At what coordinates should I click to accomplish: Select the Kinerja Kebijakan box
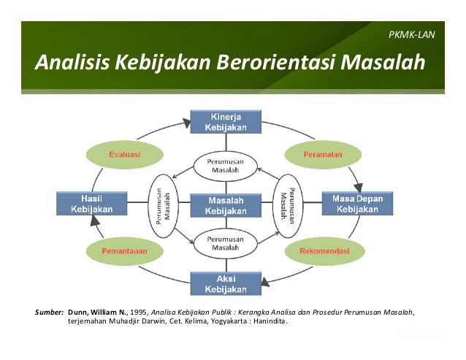click(x=225, y=122)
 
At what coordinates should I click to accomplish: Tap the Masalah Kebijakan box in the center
click(x=225, y=205)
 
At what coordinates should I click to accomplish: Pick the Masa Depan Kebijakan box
click(x=357, y=204)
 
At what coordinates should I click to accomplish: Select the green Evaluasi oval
click(x=124, y=154)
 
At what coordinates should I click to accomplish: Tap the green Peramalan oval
click(x=323, y=154)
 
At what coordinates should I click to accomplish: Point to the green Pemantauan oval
click(x=124, y=251)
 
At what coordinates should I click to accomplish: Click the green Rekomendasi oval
click(x=324, y=251)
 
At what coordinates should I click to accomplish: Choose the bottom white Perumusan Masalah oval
click(x=225, y=243)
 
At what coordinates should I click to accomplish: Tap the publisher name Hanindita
click(x=267, y=321)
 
